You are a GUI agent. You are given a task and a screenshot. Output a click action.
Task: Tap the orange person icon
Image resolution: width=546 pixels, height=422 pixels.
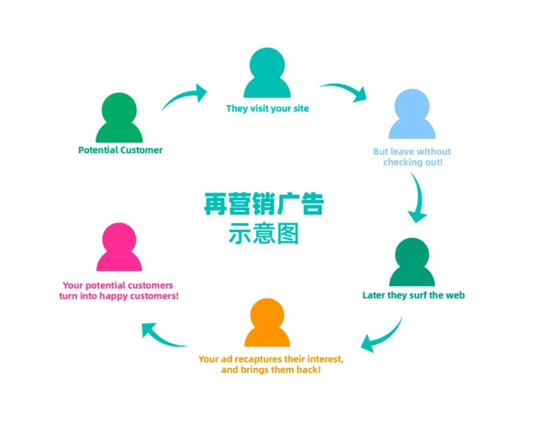click(x=267, y=323)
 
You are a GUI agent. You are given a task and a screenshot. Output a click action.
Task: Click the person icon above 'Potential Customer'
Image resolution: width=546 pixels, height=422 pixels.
click(x=119, y=118)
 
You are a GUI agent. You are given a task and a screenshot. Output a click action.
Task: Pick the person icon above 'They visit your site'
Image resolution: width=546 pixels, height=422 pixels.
click(x=267, y=73)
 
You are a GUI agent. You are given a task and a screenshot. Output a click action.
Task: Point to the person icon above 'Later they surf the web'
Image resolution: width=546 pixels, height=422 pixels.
click(x=412, y=262)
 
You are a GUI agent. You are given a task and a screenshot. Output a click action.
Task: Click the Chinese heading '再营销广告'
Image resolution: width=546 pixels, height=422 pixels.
click(x=263, y=204)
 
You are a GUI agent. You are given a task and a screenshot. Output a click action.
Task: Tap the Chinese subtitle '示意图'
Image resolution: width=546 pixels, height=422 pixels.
click(x=263, y=234)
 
